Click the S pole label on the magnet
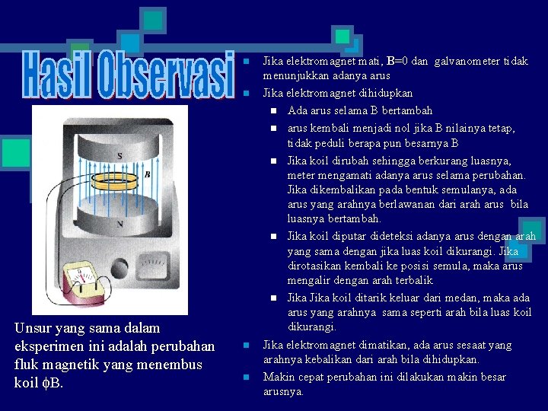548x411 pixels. [119, 157]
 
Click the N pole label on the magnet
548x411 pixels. [119, 224]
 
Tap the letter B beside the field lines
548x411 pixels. [148, 174]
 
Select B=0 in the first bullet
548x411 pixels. [401, 61]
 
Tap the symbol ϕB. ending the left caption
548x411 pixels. [53, 383]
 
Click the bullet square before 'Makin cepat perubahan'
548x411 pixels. [247, 378]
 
